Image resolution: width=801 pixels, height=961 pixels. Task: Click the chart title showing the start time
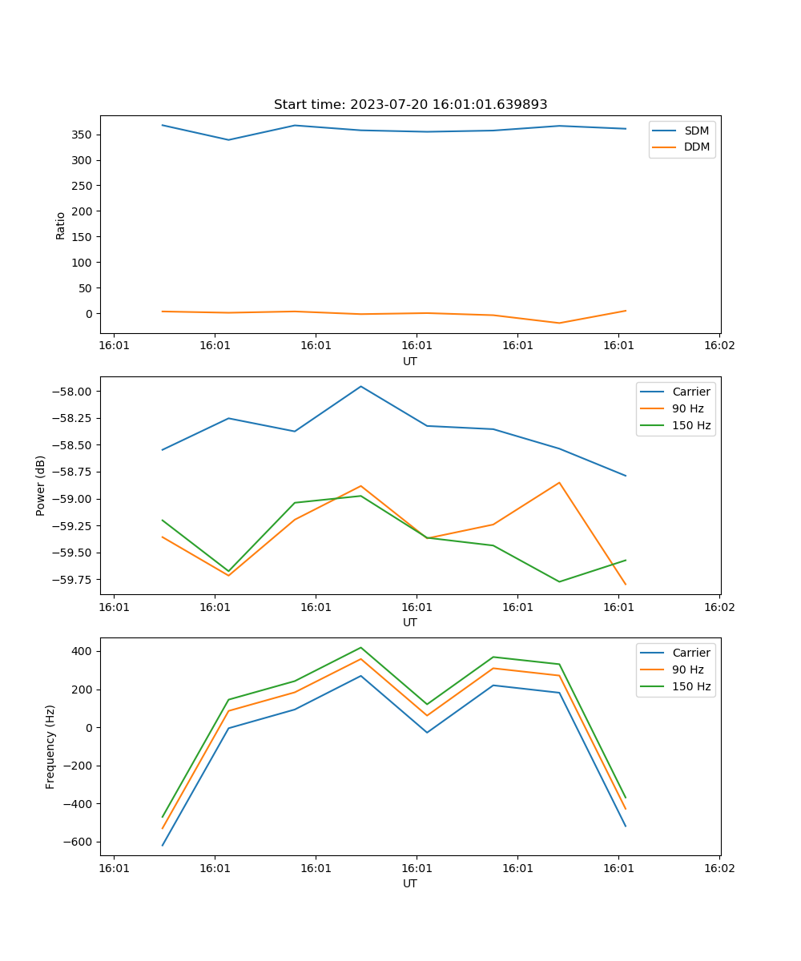(x=410, y=104)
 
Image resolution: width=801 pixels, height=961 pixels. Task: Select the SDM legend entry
(x=696, y=131)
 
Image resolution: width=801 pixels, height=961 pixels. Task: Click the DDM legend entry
(x=696, y=147)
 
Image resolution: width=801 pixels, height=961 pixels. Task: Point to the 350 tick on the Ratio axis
(x=83, y=135)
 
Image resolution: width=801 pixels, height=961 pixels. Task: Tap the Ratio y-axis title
(x=61, y=225)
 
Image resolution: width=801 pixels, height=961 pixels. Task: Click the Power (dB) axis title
(x=41, y=485)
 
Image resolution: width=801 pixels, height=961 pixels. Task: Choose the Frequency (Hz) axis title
(x=50, y=746)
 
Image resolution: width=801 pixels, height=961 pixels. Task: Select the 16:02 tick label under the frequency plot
(x=718, y=867)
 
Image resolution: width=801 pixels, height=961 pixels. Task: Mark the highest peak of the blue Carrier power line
(x=361, y=386)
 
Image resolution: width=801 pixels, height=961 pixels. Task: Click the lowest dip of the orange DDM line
(x=559, y=323)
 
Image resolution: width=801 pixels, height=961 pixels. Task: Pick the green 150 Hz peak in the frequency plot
(x=361, y=647)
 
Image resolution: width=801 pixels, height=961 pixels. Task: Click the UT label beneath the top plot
(x=410, y=361)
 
